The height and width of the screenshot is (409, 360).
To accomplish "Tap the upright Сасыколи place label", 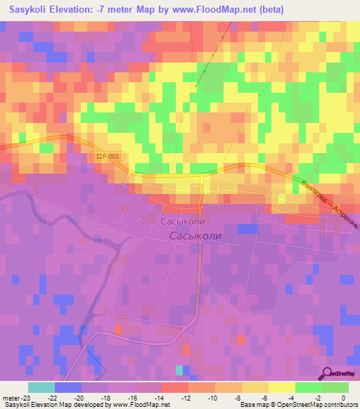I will pyautogui.click(x=184, y=221).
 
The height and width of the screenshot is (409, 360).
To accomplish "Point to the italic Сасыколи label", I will pyautogui.click(x=195, y=236).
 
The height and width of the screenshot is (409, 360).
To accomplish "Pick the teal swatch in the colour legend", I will pyautogui.click(x=41, y=387).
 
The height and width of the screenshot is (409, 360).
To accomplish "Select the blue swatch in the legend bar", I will pyautogui.click(x=68, y=387).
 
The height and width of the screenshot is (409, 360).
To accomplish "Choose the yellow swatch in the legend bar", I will pyautogui.click(x=282, y=387).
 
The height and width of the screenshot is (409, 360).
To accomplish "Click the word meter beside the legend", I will pyautogui.click(x=12, y=398).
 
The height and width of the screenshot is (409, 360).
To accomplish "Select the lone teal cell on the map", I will pyautogui.click(x=179, y=370).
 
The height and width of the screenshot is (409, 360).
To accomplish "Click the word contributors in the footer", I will pyautogui.click(x=340, y=405).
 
